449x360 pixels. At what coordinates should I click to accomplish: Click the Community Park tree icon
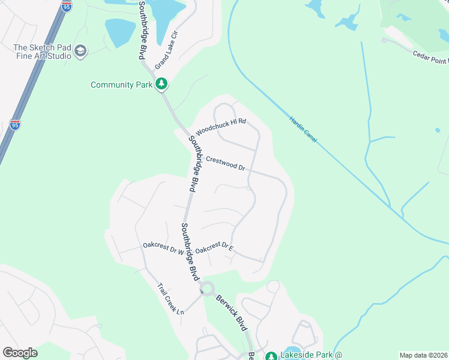pyautogui.click(x=161, y=85)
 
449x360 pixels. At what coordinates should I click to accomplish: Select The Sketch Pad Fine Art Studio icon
pyautogui.click(x=80, y=52)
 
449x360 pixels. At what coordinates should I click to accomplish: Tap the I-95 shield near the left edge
pyautogui.click(x=15, y=124)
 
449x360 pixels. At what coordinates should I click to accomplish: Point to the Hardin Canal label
pyautogui.click(x=303, y=129)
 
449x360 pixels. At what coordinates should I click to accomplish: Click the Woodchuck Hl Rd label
pyautogui.click(x=221, y=126)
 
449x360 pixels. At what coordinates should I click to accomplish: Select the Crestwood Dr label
pyautogui.click(x=225, y=164)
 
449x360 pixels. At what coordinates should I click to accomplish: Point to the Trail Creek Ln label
pyautogui.click(x=171, y=299)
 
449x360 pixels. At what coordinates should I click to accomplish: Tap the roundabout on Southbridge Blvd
pyautogui.click(x=208, y=289)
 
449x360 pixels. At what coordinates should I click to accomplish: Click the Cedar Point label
pyautogui.click(x=430, y=58)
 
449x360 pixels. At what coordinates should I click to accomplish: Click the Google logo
pyautogui.click(x=20, y=353)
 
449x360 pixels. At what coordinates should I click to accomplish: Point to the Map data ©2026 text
pyautogui.click(x=424, y=355)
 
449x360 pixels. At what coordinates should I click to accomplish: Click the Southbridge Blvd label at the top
pyautogui.click(x=142, y=29)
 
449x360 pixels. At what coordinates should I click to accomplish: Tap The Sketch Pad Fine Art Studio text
pyautogui.click(x=42, y=52)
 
